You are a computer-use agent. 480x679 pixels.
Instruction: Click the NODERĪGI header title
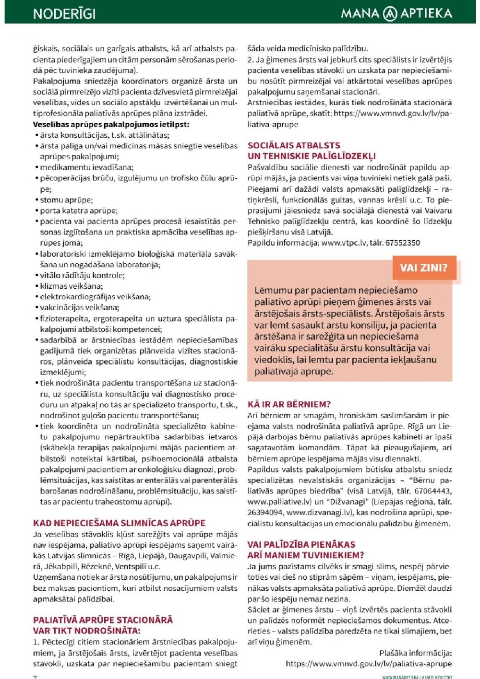[64, 13]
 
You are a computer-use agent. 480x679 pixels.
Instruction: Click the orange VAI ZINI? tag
[423, 268]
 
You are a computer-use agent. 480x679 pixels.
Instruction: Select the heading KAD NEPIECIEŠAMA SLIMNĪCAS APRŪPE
[119, 523]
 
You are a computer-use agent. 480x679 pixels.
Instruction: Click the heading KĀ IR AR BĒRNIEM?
[289, 404]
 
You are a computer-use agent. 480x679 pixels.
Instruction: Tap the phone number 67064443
[433, 491]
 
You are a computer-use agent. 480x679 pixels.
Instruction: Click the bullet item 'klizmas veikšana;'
[71, 286]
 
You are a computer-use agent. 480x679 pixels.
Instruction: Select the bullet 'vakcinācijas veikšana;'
[79, 308]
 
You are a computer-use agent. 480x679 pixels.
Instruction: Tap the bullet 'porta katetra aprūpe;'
[78, 211]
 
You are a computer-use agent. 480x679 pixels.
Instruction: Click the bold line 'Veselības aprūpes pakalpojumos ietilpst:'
[111, 124]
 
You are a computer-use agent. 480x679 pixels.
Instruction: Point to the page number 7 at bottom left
[35, 677]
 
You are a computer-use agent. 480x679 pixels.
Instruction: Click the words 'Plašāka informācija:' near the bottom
[415, 653]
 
